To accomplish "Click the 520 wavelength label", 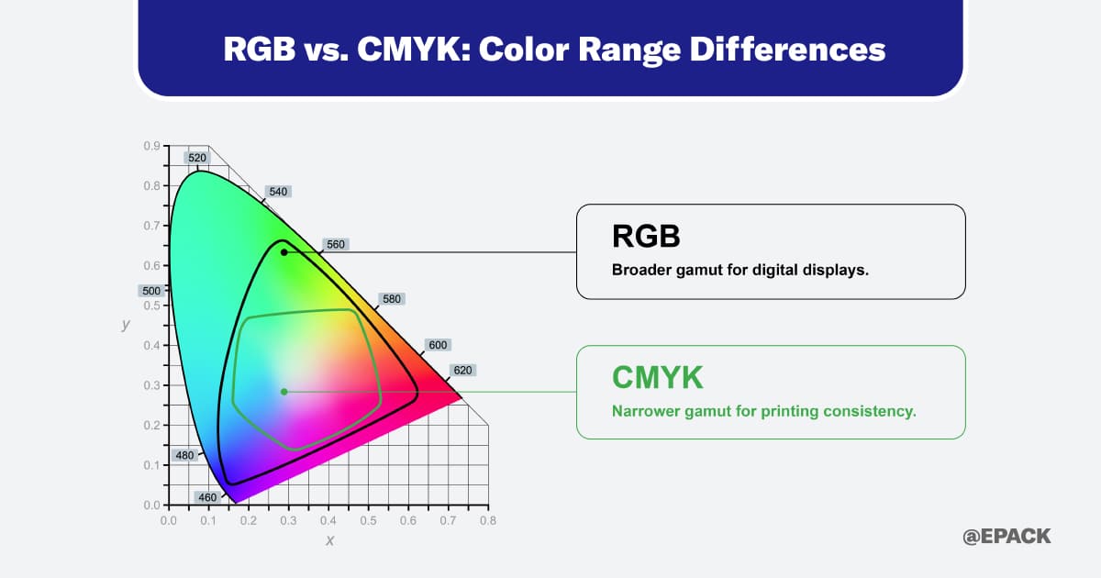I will pos(197,158).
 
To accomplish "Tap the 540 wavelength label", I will pos(278,192).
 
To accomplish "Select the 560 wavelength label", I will pos(336,245).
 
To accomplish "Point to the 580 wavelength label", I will pos(392,299).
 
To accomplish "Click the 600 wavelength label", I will pos(438,345).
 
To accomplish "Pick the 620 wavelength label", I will pos(462,371).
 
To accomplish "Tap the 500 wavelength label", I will pos(150,291).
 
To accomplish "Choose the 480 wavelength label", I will pos(184,455).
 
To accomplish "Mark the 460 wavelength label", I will pos(207,497).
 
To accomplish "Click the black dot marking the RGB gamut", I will pos(284,251).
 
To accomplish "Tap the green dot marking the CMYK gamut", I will pos(284,392).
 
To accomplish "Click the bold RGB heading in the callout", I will pos(646,237).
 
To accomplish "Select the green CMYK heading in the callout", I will pos(657,377).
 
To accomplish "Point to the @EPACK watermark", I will pos(1006,537).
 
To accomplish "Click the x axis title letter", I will pos(329,540).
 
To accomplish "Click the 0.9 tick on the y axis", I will pos(152,146).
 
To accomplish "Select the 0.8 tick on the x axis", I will pos(488,521).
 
